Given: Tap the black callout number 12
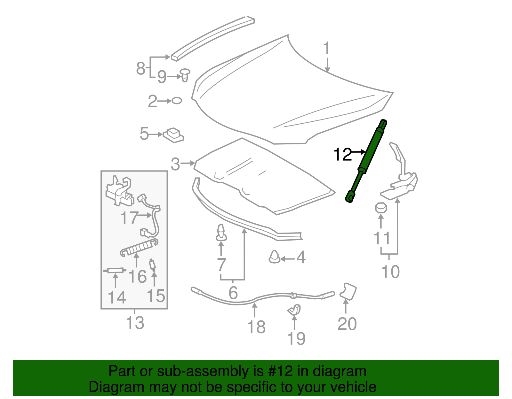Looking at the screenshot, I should click(342, 155).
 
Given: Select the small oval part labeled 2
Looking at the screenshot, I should click(177, 101).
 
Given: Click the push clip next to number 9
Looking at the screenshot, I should click(185, 74).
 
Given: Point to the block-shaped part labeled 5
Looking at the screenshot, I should click(173, 135).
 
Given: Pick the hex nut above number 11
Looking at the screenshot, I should click(381, 208).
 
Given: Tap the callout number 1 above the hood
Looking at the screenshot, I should click(326, 49).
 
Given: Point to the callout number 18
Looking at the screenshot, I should click(256, 327).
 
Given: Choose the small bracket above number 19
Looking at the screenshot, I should click(295, 310).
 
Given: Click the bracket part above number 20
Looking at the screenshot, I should click(348, 291).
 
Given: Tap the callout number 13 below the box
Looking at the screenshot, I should click(135, 323).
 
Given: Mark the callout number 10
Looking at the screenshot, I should click(390, 272).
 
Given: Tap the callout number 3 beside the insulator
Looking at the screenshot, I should click(175, 164).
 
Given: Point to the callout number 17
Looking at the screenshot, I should click(129, 218).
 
